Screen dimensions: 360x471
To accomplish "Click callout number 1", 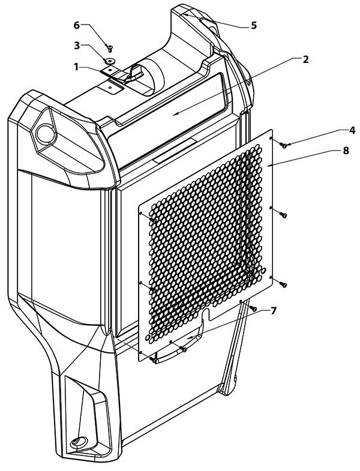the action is coord(77,67).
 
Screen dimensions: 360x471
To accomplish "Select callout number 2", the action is coord(305,59).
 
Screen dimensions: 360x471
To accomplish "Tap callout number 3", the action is coord(77,46).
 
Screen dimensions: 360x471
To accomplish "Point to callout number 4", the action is coord(352,130).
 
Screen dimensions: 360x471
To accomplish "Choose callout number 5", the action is coord(254,26).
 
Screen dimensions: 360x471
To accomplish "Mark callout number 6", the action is coord(77,26).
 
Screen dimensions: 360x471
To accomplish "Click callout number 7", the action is coord(273,311).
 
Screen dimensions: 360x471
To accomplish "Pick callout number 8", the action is coord(346,150).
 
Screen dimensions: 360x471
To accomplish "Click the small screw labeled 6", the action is coord(109,47).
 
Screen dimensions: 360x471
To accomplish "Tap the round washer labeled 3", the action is coord(109,61).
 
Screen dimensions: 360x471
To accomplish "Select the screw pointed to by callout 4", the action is coord(284,146).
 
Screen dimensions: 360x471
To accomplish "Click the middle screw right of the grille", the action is coord(283,215).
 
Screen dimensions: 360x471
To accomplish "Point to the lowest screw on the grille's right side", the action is coord(283,284).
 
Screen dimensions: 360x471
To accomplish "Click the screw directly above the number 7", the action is coord(253,308).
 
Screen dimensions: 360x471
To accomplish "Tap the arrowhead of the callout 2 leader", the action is coord(177,113).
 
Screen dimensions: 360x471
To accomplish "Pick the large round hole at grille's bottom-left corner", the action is coord(148,338).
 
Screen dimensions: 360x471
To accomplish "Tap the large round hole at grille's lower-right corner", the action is coord(263,270).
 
